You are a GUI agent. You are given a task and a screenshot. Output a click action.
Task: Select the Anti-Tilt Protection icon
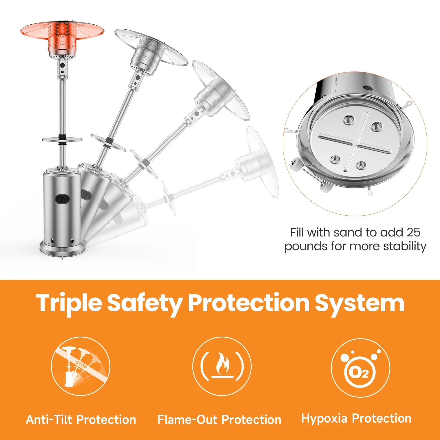coord(81,366)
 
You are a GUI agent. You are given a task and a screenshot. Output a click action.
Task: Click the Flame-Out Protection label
coord(219,420)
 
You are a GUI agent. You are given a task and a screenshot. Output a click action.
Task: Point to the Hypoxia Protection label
coord(356,419)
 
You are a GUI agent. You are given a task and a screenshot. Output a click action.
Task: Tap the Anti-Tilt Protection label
coord(81,420)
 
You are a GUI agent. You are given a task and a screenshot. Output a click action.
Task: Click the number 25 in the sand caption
coord(413,232)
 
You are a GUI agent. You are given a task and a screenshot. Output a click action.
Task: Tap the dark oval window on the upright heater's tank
coord(63,199)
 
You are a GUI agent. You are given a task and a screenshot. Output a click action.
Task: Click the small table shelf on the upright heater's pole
coord(62,140)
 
